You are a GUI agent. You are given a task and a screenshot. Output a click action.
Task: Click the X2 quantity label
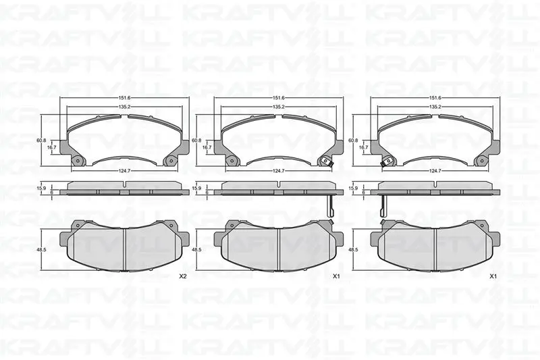(x=182, y=276)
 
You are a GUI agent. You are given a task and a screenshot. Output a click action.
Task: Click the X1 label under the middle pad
(x=336, y=276)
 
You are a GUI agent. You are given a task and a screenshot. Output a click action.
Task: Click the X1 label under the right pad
(x=493, y=276)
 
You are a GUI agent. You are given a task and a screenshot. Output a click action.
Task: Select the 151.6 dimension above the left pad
(x=124, y=98)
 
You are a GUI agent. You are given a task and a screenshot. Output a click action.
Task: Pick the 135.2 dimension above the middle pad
(x=278, y=107)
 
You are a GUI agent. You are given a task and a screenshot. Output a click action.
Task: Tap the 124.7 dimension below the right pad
(x=435, y=170)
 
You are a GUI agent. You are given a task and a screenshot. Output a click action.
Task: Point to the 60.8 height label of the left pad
(x=41, y=140)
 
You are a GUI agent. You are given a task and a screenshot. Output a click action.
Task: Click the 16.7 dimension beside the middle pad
(x=207, y=147)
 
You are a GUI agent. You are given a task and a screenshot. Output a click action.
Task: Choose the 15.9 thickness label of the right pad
(x=353, y=188)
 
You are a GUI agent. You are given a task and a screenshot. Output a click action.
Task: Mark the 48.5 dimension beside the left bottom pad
(x=41, y=249)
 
